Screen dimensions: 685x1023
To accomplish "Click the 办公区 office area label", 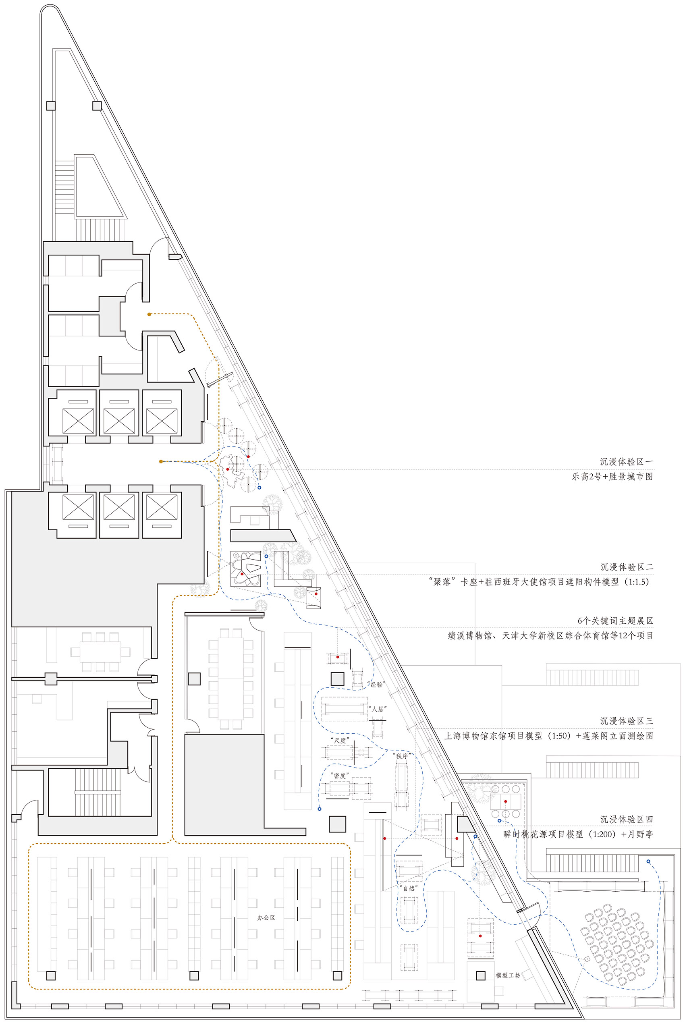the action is (266, 918).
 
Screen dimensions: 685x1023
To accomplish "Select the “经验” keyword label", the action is (376, 685).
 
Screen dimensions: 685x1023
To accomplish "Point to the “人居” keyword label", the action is (378, 709).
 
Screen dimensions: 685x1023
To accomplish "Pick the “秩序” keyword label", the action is (401, 756).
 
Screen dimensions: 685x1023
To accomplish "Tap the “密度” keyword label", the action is (340, 776).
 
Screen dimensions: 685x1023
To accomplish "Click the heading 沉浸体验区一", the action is (627, 462).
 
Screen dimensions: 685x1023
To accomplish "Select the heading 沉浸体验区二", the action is (627, 567).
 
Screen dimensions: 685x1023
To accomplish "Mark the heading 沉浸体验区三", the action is (627, 721).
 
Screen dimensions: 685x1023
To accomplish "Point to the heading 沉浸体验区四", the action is (627, 820).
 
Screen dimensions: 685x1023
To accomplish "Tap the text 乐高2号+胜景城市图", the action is (612, 477).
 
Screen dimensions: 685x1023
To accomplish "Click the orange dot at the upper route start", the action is (149, 314).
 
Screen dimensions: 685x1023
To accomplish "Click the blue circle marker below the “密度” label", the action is (320, 809).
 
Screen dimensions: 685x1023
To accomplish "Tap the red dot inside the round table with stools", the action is (505, 801).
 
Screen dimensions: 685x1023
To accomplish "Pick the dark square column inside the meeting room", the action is (194, 679).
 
